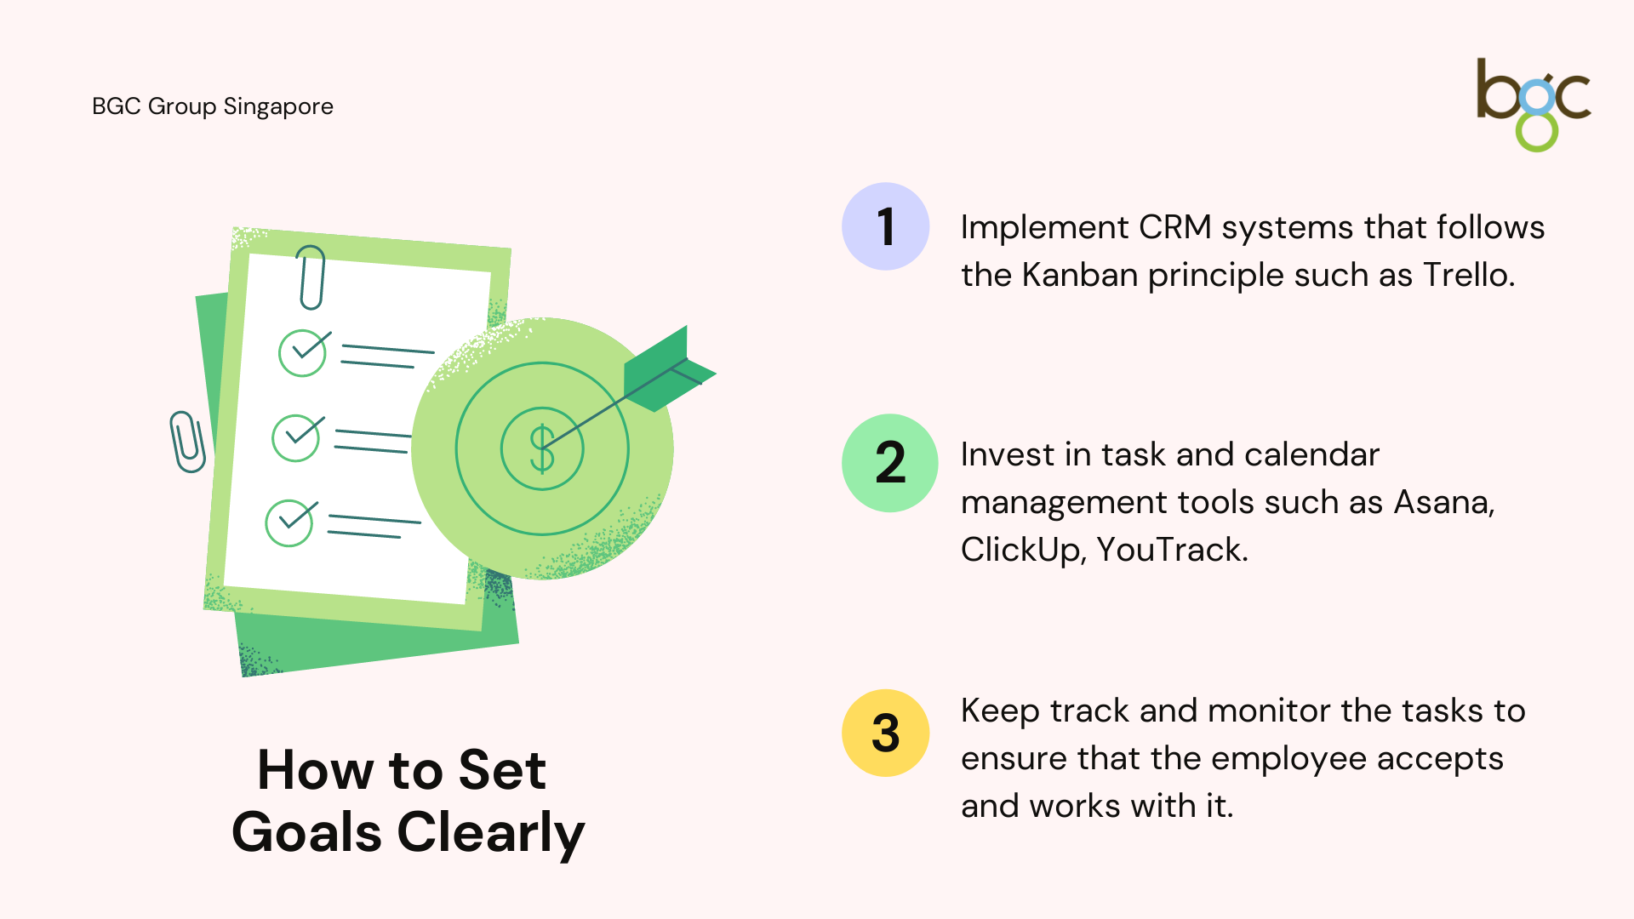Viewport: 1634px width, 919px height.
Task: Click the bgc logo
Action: [1534, 105]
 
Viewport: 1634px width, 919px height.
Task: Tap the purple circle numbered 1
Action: [885, 226]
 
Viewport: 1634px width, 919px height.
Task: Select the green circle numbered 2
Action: [889, 463]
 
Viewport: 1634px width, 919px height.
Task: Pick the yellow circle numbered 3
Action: [885, 733]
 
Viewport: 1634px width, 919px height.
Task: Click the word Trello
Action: [1469, 275]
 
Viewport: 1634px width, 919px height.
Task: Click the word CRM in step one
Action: [1174, 227]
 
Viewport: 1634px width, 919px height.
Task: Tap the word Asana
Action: [1443, 502]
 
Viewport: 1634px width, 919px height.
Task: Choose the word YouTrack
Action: [1172, 550]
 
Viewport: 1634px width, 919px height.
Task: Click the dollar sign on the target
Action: [542, 448]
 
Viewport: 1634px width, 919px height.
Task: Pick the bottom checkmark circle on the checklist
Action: [290, 522]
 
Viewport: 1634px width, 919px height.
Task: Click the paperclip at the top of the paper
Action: [311, 277]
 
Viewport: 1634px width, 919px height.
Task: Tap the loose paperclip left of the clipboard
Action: [187, 442]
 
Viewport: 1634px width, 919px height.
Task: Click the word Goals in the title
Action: [306, 832]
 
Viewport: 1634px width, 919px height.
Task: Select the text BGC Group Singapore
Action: [213, 106]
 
